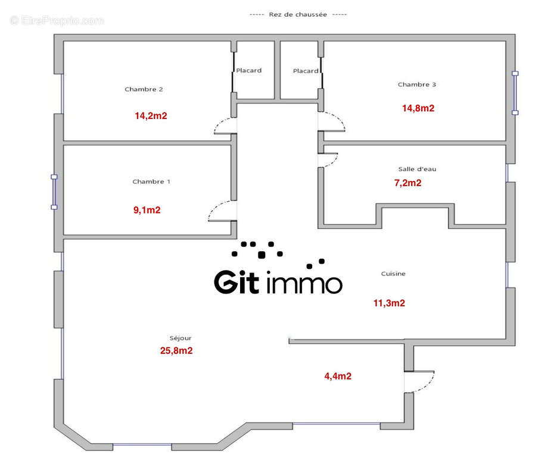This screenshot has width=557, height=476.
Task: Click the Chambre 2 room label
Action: click(x=144, y=89)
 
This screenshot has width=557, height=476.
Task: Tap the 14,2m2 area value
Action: click(x=151, y=116)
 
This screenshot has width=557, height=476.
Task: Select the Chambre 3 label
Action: click(x=417, y=84)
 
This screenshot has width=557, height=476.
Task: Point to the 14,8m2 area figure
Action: click(x=418, y=108)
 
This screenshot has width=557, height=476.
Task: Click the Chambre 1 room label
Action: click(x=151, y=181)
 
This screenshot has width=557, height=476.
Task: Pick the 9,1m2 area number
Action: click(x=147, y=210)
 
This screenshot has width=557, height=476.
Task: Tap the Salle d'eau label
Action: click(x=417, y=169)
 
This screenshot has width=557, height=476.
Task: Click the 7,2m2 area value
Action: click(x=408, y=183)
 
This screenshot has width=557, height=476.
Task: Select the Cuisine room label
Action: click(x=393, y=274)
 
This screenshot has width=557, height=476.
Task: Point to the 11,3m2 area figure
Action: click(x=389, y=303)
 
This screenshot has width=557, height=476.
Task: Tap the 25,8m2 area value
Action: click(x=176, y=351)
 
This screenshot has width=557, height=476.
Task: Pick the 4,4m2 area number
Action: click(x=337, y=376)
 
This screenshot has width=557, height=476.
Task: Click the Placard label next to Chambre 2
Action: click(x=248, y=71)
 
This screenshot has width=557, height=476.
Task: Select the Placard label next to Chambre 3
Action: click(x=306, y=71)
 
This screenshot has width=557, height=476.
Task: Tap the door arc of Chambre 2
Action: click(x=224, y=124)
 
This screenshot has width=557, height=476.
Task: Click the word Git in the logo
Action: click(x=237, y=282)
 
